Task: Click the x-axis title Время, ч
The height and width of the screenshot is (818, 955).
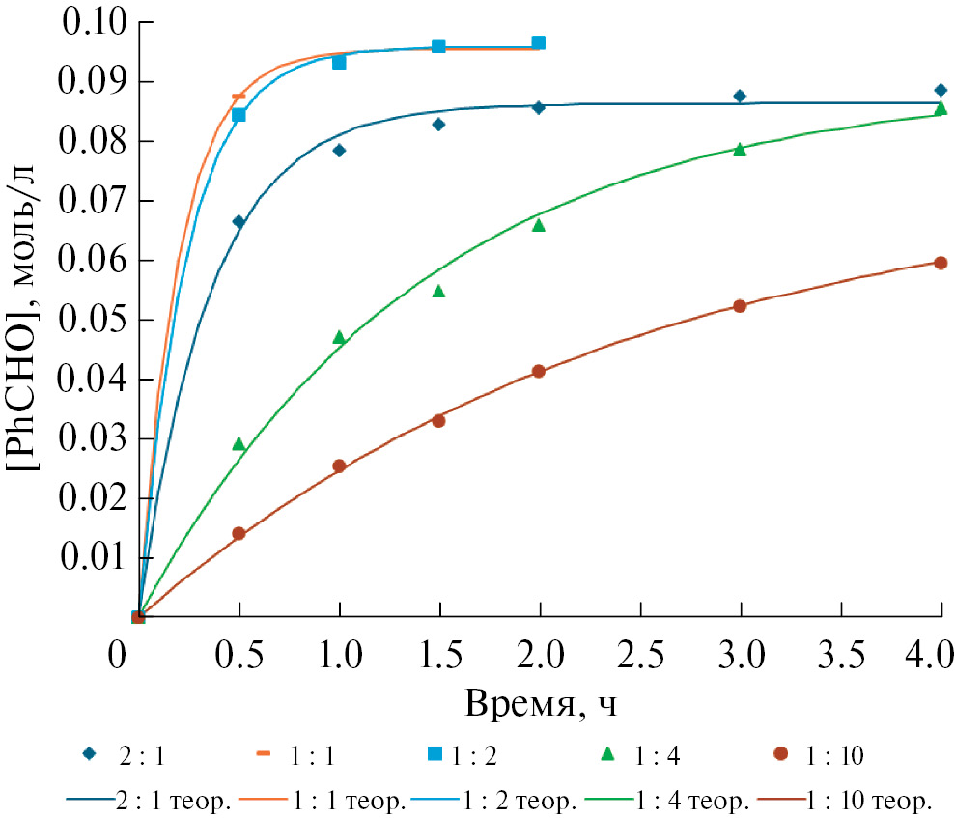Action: click(541, 702)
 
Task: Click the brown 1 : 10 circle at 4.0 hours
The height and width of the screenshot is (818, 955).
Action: click(941, 263)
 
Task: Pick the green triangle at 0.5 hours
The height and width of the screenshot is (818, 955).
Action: click(239, 443)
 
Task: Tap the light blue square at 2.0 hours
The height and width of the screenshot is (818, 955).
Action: click(539, 42)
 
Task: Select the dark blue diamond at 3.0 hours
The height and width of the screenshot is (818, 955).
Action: click(740, 96)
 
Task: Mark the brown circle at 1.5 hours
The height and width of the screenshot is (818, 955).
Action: click(438, 420)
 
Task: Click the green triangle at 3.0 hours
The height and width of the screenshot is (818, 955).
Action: click(740, 149)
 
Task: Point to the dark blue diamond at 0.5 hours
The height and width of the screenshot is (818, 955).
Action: click(239, 221)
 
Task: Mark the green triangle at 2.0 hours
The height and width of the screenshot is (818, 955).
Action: click(539, 225)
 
